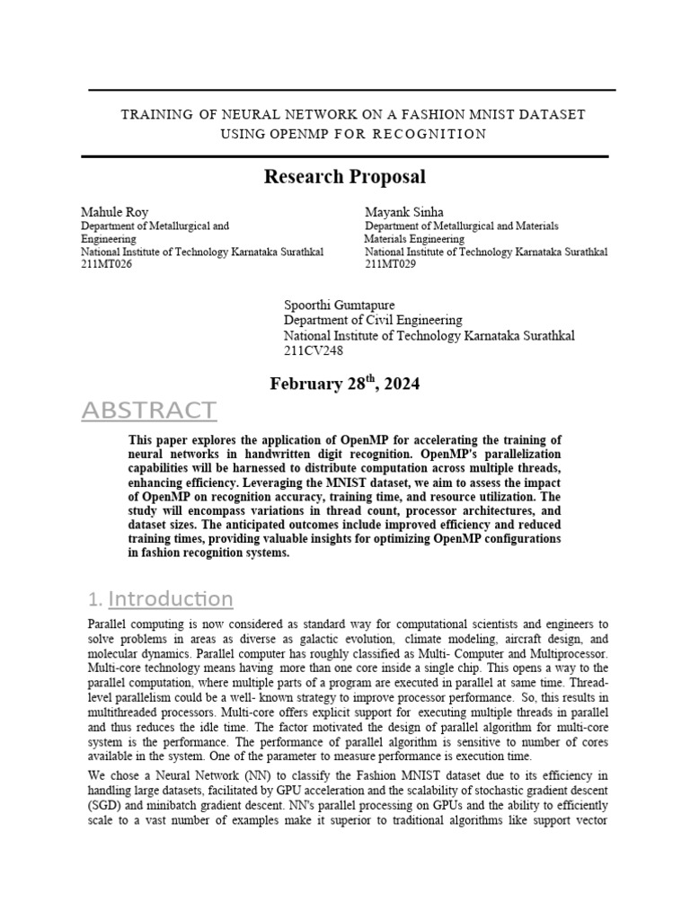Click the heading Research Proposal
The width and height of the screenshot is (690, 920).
point(344,177)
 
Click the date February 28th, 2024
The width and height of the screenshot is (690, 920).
point(344,384)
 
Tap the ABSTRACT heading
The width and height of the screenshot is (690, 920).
point(148,411)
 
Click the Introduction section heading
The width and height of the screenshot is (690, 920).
point(170,598)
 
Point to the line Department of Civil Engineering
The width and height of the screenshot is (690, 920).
point(373,320)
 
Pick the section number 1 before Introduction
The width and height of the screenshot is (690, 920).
point(93,600)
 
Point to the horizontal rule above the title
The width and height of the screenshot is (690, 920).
point(351,90)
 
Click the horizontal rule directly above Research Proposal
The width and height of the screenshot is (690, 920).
point(344,156)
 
